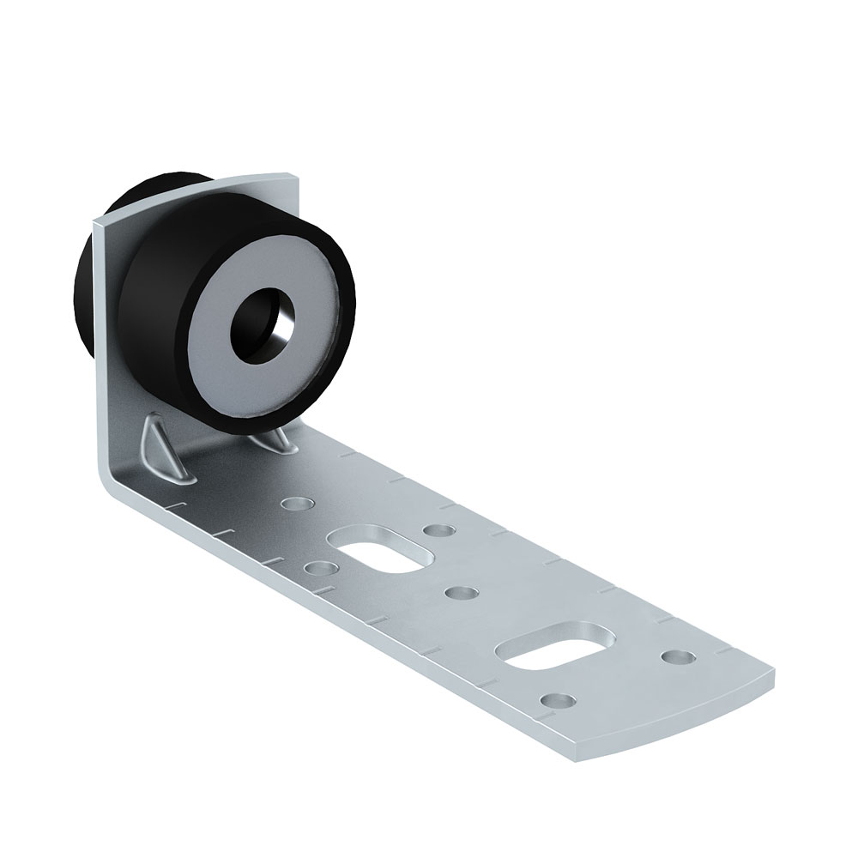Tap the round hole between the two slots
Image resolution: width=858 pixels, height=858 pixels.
462,593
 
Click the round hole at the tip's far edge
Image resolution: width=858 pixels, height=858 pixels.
678,657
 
